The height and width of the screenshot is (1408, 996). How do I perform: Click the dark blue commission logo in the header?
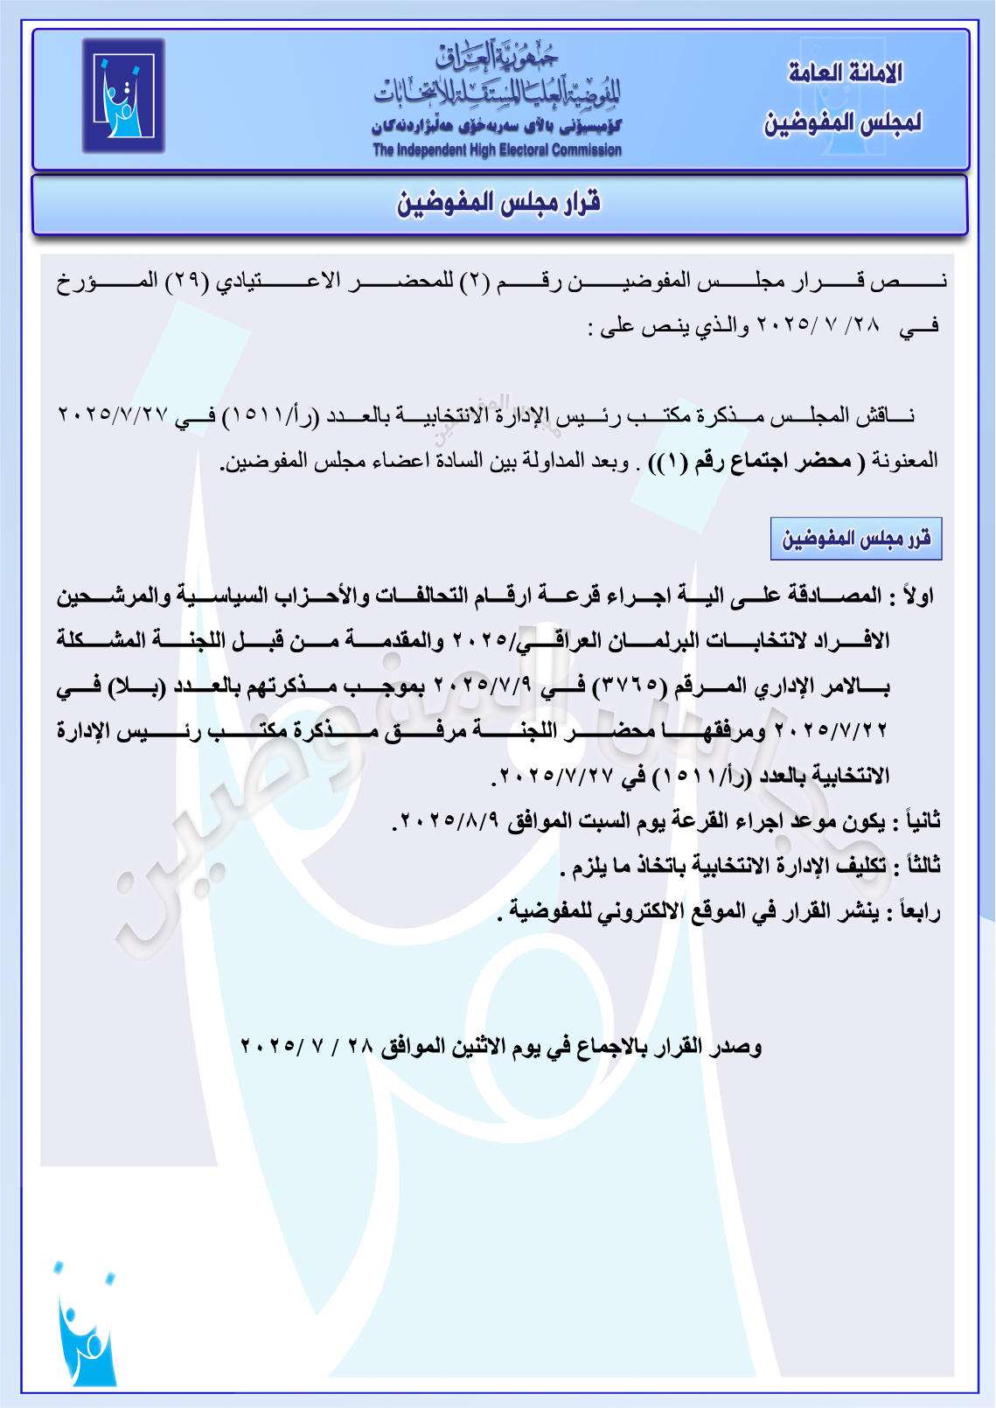click(123, 96)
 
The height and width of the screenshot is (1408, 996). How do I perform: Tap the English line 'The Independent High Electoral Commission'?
click(497, 150)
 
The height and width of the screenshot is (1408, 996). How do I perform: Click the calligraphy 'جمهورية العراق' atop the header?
click(497, 55)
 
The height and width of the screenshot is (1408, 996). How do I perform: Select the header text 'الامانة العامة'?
click(845, 73)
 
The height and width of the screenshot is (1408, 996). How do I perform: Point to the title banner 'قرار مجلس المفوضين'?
click(499, 204)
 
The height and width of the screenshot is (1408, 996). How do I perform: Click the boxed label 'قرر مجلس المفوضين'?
click(856, 538)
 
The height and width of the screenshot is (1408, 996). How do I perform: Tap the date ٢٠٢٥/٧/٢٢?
click(831, 731)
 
